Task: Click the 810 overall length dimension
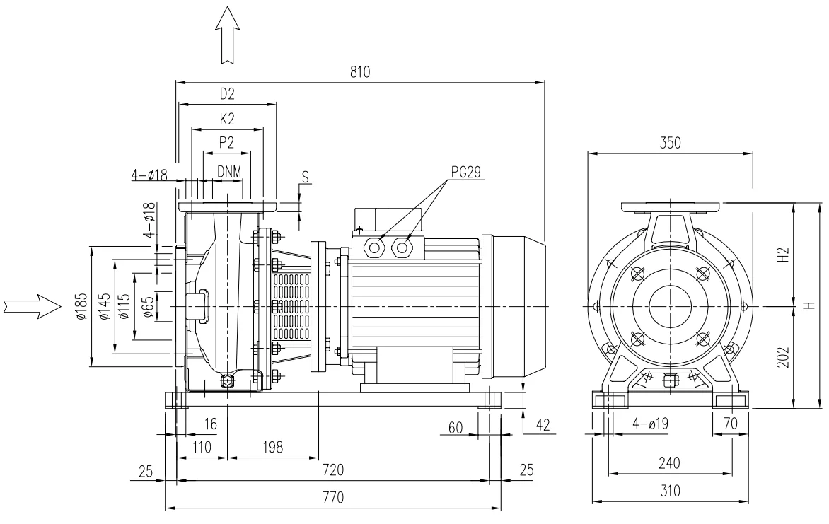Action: pos(360,72)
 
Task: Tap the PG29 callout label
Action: pos(466,172)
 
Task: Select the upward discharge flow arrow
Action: pos(227,35)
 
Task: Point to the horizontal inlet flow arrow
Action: pos(33,306)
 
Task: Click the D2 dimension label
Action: pos(227,94)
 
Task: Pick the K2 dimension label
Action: pos(227,119)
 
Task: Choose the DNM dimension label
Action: pos(229,171)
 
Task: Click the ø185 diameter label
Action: pos(81,307)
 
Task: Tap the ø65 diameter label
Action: pos(149,307)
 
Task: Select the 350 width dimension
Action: pos(671,144)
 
